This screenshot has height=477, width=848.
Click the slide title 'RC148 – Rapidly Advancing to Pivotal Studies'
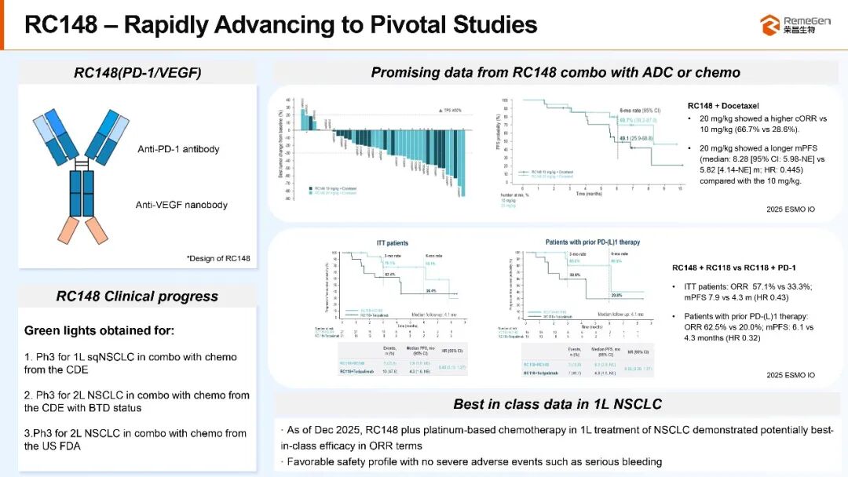[280, 24]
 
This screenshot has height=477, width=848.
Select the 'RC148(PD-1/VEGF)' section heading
[137, 73]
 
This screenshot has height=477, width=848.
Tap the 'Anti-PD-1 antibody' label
[177, 149]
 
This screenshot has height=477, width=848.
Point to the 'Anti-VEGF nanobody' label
[181, 205]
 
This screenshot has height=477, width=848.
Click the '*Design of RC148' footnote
[218, 258]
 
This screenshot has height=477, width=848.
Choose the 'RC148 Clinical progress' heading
[137, 296]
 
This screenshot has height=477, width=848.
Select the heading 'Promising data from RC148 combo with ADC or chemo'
[555, 73]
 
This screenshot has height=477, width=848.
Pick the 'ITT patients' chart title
[393, 243]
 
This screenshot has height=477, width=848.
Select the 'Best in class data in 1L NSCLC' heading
[557, 404]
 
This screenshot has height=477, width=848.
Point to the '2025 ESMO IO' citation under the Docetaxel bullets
[790, 209]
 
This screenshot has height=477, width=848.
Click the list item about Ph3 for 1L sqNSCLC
[130, 363]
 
